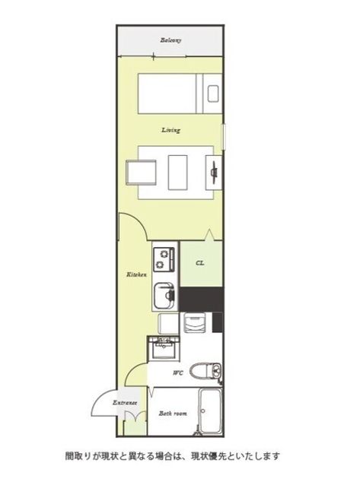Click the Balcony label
coord(170,40)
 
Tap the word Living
coord(170,130)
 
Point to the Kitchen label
coord(136,274)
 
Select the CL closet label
coord(200,263)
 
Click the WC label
coord(178,373)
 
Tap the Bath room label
coord(173,414)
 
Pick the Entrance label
coord(125,403)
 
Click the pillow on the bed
coord(213,94)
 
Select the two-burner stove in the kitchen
coord(164,259)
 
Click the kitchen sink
coord(164,296)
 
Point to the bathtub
coord(210,411)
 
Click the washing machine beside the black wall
coord(194,323)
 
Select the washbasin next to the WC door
coord(164,348)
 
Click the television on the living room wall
coord(214,173)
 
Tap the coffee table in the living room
coord(177,173)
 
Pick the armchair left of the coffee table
coord(141,173)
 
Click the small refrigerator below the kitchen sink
coord(168,323)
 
